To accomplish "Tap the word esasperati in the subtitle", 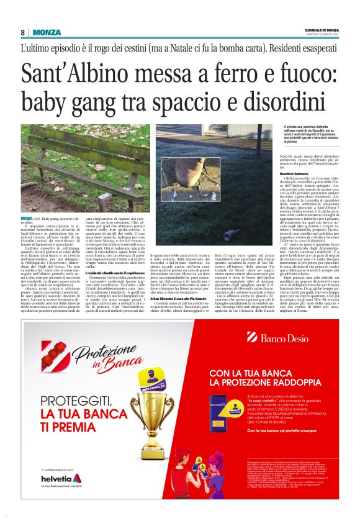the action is (316, 48).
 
